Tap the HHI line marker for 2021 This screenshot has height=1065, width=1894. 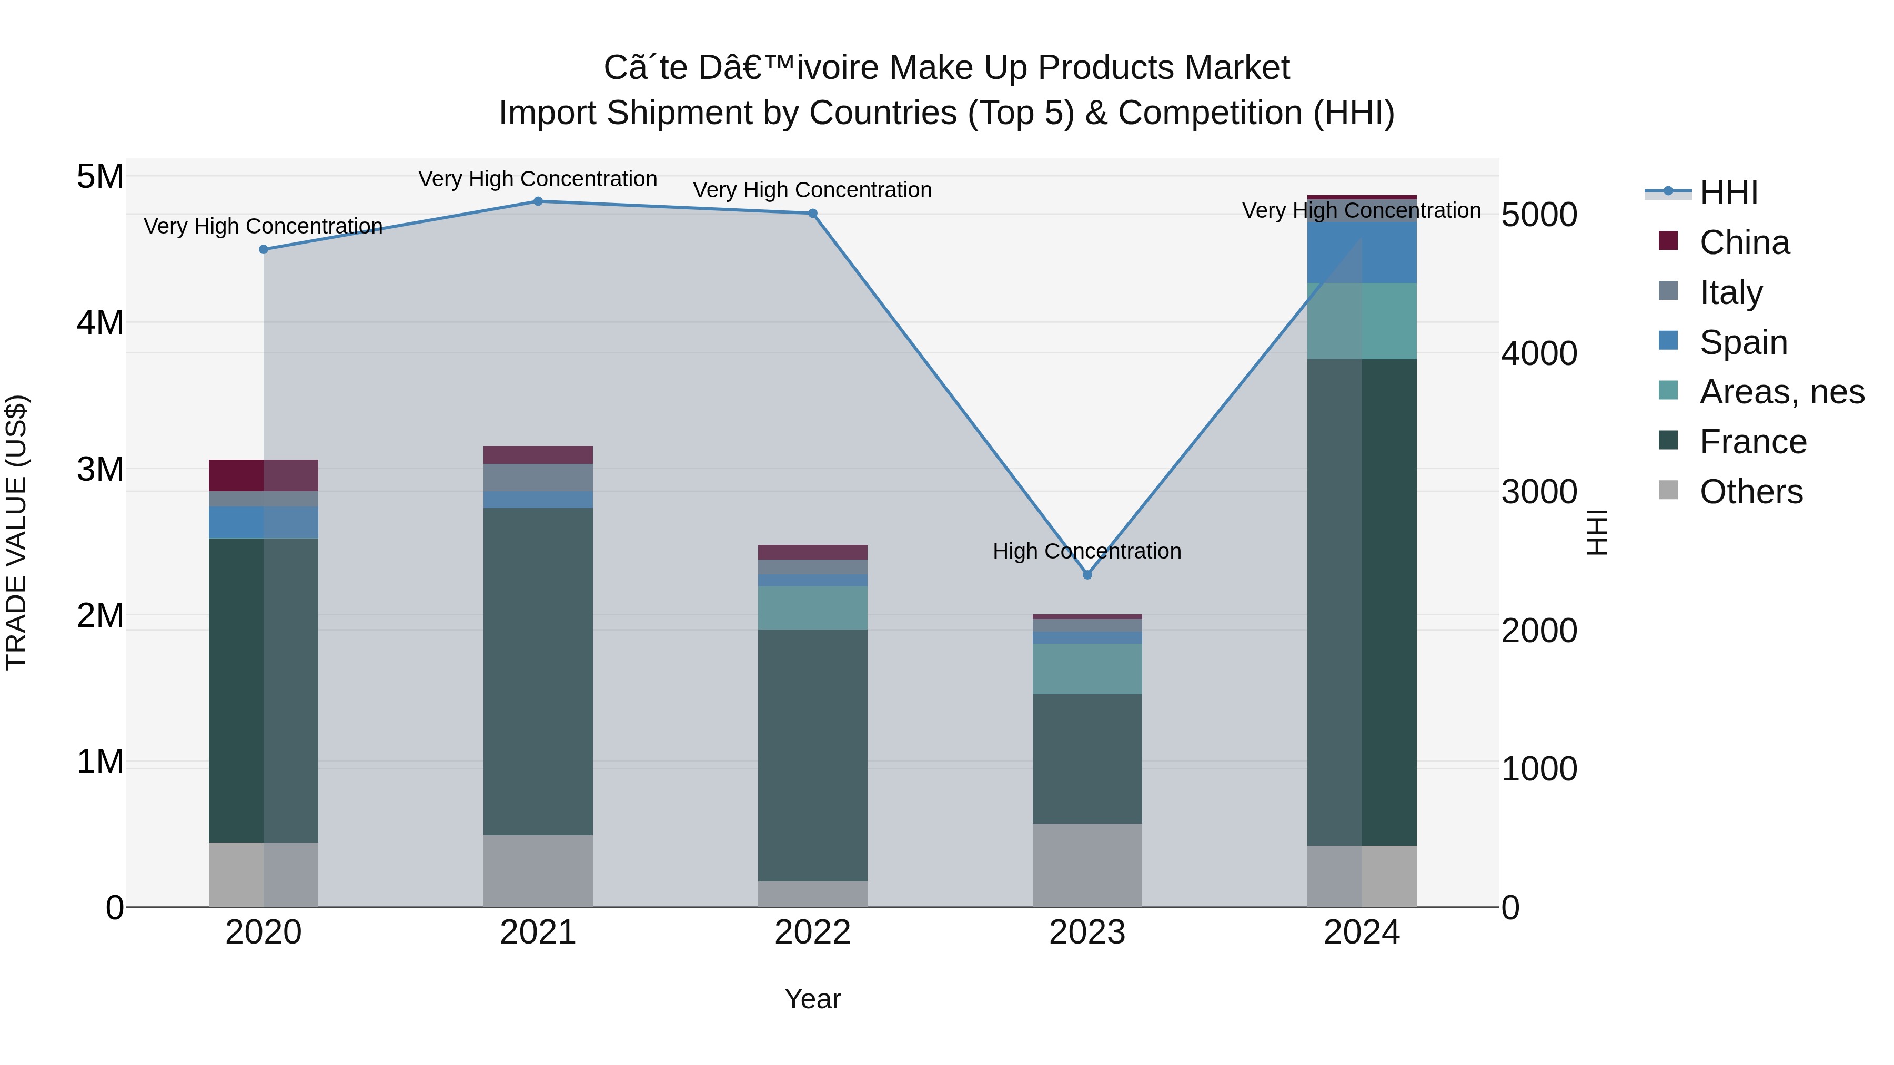(x=538, y=201)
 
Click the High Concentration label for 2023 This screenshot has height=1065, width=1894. (x=1087, y=551)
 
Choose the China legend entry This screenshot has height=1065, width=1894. (x=1744, y=242)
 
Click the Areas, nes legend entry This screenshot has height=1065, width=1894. (x=1781, y=392)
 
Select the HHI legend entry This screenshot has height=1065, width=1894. (x=1728, y=192)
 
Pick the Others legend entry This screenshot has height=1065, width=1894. (x=1750, y=492)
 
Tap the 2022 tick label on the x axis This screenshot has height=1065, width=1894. (x=812, y=932)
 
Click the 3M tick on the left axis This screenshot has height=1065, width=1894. (x=100, y=469)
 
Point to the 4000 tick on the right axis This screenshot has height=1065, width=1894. (x=1538, y=353)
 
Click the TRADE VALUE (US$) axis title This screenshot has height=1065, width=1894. (x=17, y=532)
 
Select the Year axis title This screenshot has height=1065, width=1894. (x=812, y=999)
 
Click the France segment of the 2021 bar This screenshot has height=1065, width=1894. (x=538, y=671)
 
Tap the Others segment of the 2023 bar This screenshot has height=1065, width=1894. (x=1087, y=865)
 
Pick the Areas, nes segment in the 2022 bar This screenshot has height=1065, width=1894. (x=812, y=608)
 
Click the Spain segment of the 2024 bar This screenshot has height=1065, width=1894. (x=1362, y=252)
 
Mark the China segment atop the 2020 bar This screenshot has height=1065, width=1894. (x=263, y=475)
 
